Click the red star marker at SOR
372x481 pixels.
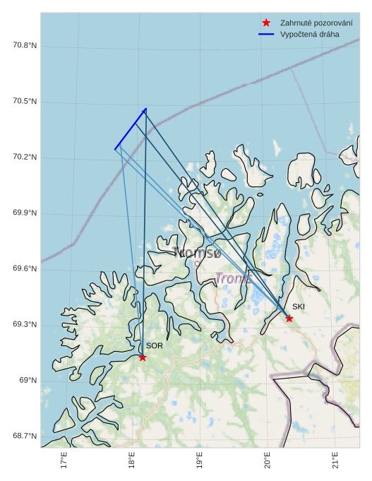pos(143,357)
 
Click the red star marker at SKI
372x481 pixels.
pos(289,319)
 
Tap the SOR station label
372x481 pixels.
pos(155,346)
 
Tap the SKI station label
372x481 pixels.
pos(299,307)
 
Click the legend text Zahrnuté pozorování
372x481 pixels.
pos(316,23)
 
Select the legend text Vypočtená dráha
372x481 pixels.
pos(309,34)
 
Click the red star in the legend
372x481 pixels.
pos(266,23)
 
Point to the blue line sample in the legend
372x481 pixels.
pos(266,34)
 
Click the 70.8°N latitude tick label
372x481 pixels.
pos(25,46)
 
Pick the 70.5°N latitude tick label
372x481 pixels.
pos(25,102)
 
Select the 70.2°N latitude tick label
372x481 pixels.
pos(25,158)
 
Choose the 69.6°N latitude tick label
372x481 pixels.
pos(25,269)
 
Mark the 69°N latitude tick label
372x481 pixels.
pos(28,381)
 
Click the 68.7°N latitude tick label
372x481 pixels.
pos(25,436)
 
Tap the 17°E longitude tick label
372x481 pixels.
pos(64,462)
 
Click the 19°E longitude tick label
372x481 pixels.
pos(200,462)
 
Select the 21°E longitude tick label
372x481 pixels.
pos(335,462)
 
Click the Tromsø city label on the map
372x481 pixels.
pos(197,252)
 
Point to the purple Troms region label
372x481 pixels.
pos(233,278)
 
